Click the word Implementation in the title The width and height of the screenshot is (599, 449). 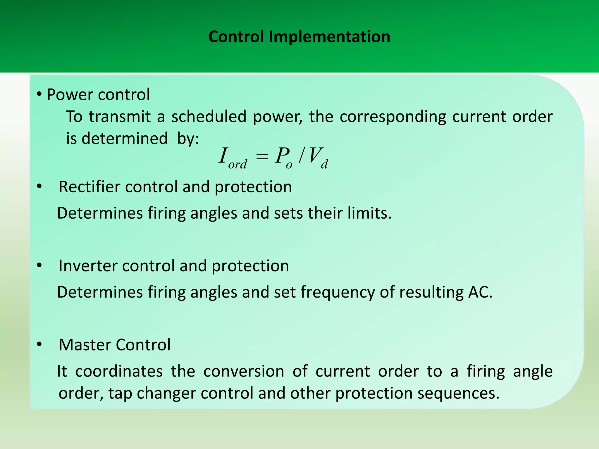pos(329,37)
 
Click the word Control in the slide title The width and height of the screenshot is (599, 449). pos(236,37)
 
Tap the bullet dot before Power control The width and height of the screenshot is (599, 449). pos(39,94)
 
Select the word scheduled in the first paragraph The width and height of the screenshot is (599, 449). pos(209,117)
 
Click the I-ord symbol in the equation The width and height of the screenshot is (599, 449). pos(233,158)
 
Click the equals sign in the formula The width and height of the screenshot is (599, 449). pos(262,157)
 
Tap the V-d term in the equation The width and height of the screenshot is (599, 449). pos(318,158)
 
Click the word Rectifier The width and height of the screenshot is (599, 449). pos(89,187)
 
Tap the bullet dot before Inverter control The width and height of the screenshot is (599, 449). pos(39,266)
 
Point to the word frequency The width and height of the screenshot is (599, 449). pos(338,292)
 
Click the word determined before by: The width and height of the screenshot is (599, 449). pos(125,139)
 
